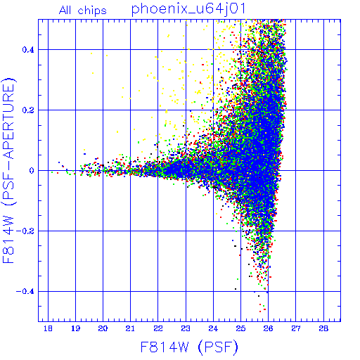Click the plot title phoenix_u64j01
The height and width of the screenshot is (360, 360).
tap(188, 10)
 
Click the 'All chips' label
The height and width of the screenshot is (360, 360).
tap(83, 11)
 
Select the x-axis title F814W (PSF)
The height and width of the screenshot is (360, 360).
tap(189, 347)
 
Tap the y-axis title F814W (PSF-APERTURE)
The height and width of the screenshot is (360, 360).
tap(9, 170)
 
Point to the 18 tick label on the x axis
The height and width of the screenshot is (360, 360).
tap(48, 328)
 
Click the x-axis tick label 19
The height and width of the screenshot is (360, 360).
tap(75, 328)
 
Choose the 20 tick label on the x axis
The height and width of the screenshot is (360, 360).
tap(103, 328)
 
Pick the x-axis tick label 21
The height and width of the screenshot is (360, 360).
tap(130, 328)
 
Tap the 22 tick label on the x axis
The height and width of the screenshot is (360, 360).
tap(158, 328)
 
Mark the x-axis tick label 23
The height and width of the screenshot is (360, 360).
tap(186, 328)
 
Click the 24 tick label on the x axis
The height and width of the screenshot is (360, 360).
tap(213, 328)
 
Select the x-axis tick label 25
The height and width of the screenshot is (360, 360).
tap(240, 328)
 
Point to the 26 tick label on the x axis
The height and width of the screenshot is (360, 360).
tap(268, 328)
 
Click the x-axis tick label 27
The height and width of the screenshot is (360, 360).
tap(296, 328)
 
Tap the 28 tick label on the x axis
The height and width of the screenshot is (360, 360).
tap(323, 328)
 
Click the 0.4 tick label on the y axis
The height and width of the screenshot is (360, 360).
tap(28, 50)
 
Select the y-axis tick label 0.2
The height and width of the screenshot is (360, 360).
tap(28, 110)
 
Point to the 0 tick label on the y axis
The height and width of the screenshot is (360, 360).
tap(32, 171)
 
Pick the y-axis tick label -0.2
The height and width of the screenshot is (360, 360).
tap(25, 231)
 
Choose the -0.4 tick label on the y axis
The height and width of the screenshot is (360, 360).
tap(25, 292)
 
